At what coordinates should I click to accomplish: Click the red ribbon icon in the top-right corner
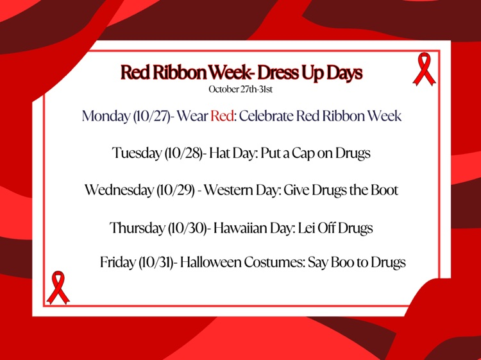[423, 70]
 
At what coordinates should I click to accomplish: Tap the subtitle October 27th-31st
[240, 89]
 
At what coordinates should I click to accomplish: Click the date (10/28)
[180, 154]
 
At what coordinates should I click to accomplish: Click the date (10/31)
[156, 262]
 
